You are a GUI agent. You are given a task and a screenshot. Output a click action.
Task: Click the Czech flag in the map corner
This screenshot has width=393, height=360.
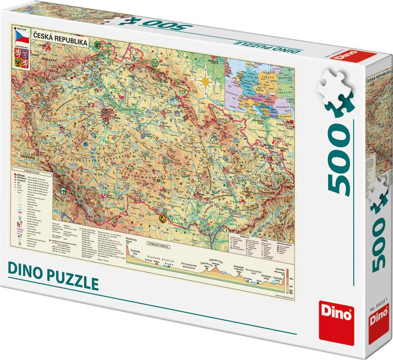pos(21,37)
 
